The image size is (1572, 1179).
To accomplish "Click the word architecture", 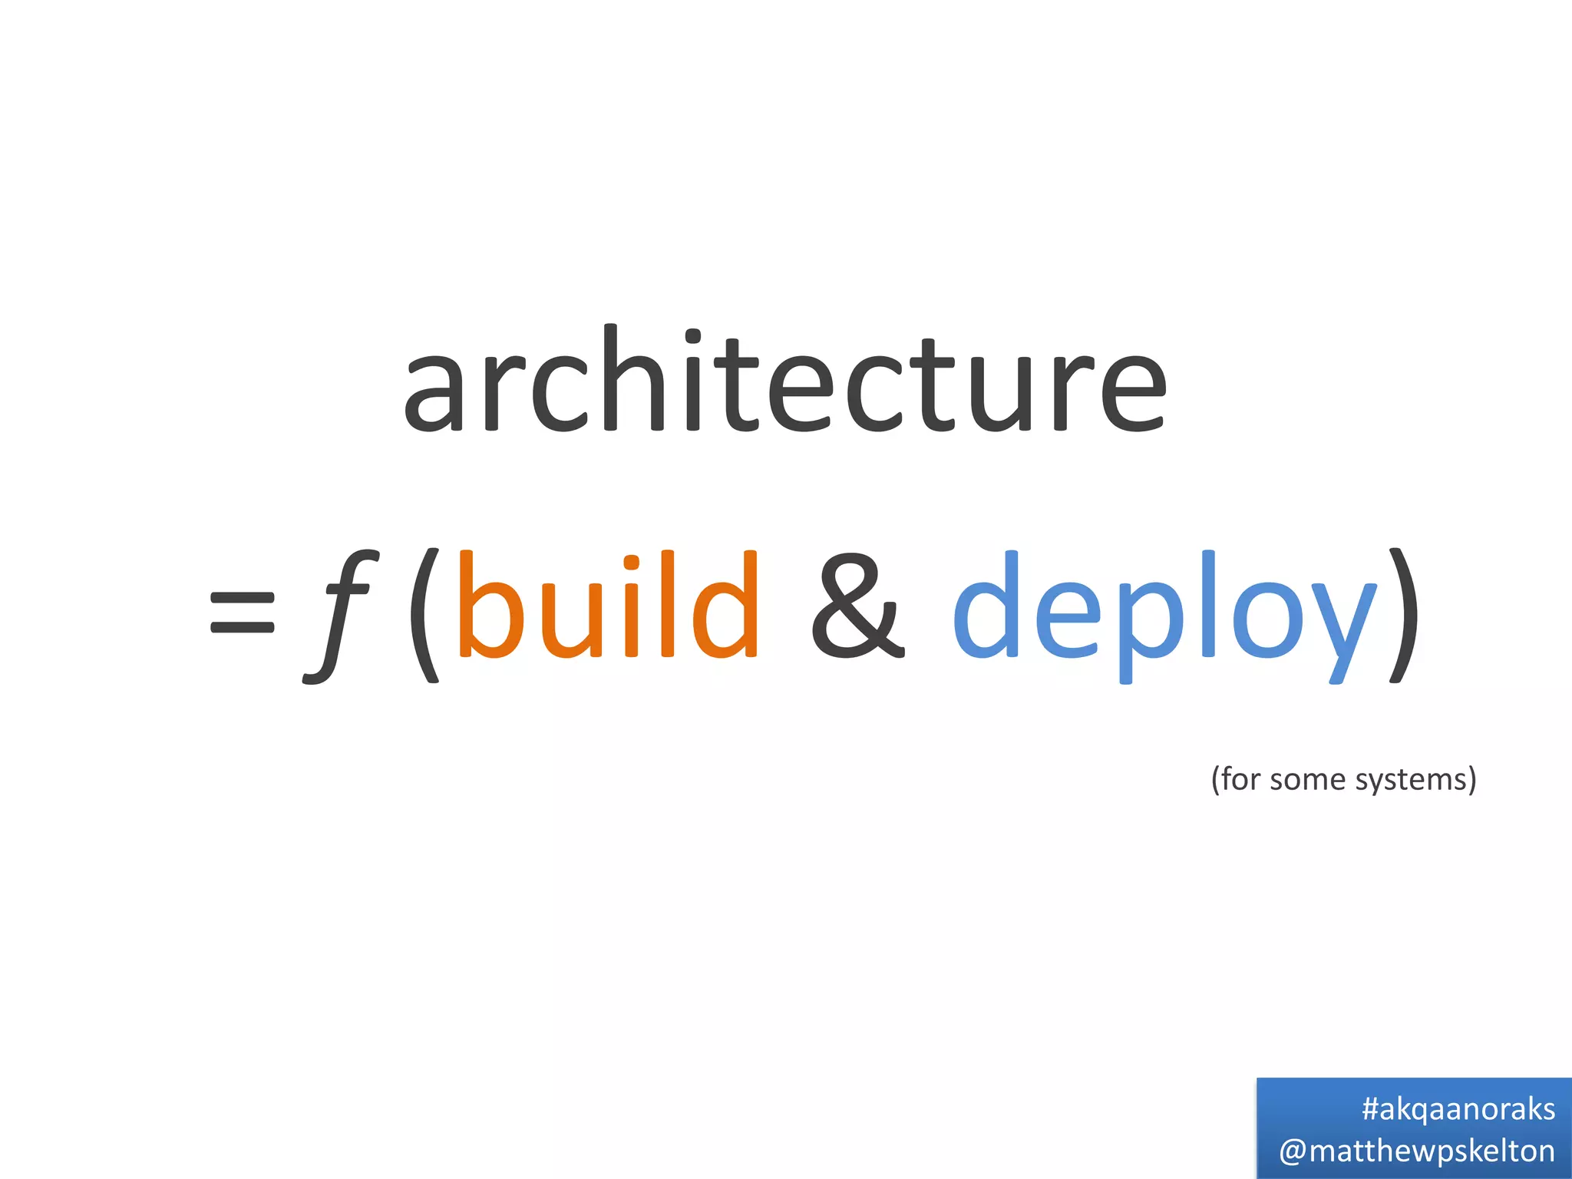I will coord(784,379).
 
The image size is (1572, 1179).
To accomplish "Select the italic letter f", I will coord(339,614).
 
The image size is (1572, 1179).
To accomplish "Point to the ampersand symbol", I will coord(857,606).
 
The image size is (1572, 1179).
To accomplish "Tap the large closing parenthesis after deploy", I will coord(1402,614).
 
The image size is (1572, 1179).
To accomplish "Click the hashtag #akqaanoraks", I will coord(1458,1109).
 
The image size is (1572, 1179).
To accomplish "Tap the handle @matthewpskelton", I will coord(1417,1151).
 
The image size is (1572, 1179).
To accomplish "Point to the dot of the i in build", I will coord(632,563).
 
